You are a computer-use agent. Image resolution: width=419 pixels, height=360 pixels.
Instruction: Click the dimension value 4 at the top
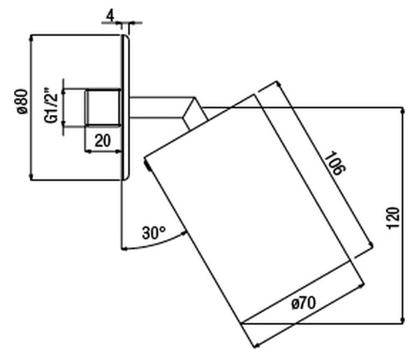pos(110,16)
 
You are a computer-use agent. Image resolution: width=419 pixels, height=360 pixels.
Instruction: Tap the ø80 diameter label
pos(23,101)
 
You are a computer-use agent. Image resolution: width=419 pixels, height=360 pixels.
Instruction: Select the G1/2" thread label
pos(51,108)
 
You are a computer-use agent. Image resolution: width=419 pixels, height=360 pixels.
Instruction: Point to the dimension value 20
pos(103,141)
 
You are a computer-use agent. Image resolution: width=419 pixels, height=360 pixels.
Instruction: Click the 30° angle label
pos(154,233)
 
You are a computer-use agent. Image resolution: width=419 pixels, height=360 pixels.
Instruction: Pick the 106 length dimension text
pos(335,163)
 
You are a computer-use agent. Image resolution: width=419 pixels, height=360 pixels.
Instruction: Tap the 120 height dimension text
pos(393,218)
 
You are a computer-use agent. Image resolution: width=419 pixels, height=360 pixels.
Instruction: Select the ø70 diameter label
pos(303,303)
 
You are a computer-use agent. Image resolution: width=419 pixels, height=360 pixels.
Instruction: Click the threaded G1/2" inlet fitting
pos(103,107)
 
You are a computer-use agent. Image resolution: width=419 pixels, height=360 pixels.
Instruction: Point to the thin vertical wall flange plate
pos(125,107)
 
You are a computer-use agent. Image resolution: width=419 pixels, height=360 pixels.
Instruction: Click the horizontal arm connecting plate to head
pos(161,107)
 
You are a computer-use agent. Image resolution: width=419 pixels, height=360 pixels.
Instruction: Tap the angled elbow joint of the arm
pos(195,114)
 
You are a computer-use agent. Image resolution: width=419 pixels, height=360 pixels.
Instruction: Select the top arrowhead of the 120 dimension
pos(403,110)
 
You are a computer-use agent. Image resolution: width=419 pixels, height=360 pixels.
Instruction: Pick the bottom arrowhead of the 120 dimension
pos(403,320)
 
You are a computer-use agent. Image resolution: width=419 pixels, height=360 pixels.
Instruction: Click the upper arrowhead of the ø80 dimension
pos(31,38)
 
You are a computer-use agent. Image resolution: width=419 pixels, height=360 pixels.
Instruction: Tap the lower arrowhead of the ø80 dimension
pos(31,177)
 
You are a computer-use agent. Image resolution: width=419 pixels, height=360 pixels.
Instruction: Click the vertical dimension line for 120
pos(403,216)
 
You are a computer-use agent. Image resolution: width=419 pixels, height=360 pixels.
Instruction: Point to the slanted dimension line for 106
pos(325,163)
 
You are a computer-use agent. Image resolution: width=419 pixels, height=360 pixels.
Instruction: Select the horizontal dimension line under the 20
pos(103,151)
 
